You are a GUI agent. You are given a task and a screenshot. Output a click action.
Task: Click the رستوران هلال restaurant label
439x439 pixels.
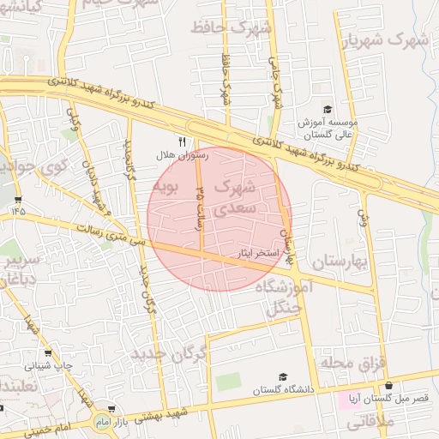tap(177, 155)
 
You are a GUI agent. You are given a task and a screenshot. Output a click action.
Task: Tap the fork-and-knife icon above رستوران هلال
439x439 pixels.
tap(181, 141)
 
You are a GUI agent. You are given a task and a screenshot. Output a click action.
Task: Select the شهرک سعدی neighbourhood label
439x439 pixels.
tap(233, 196)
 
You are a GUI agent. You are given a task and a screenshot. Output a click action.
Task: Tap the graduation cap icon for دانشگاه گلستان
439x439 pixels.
tap(283, 377)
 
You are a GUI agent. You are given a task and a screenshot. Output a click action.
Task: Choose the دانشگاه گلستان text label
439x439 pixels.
tap(283, 390)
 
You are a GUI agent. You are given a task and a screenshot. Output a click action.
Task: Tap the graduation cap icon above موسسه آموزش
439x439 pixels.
tap(327, 109)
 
